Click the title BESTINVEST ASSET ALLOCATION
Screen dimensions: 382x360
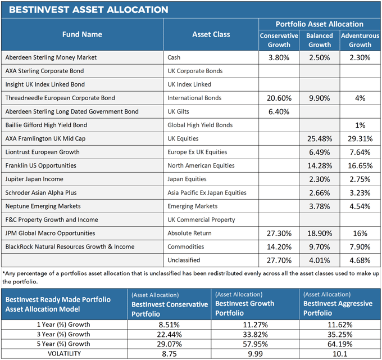[88, 10]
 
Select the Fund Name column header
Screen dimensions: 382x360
[82, 34]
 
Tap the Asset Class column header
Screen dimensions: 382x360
[211, 34]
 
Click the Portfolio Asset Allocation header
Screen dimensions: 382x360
[320, 24]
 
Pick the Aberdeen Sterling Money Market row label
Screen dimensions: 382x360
[51, 57]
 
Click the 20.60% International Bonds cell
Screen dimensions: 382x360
[279, 98]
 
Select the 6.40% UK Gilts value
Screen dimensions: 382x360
[279, 112]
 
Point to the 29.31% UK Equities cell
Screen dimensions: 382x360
[360, 139]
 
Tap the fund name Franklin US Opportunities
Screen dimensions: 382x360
[40, 165]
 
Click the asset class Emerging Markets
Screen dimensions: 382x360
[193, 206]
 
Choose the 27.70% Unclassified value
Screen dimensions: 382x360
[279, 260]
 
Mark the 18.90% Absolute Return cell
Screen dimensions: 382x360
[320, 233]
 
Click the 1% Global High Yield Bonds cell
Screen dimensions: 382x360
[360, 125]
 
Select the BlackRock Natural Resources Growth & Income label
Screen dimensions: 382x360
[70, 247]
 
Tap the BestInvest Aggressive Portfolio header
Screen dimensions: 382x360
[338, 308]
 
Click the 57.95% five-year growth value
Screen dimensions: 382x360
[255, 344]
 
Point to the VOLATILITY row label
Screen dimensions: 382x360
[64, 354]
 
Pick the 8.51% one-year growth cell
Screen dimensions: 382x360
[169, 325]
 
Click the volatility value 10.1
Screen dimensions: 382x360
[340, 354]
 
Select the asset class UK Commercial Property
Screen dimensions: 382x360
[201, 220]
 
